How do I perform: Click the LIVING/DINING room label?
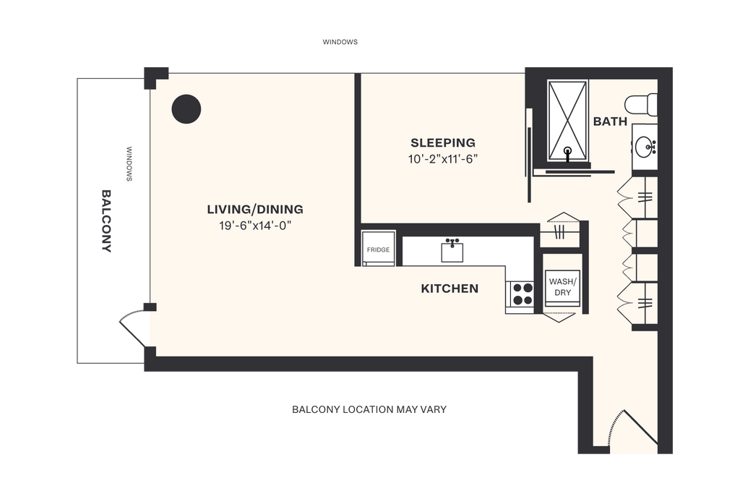(255, 210)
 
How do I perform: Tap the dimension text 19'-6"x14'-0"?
(255, 226)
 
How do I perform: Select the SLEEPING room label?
(443, 142)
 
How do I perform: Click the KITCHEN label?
(449, 289)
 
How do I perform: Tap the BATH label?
(610, 121)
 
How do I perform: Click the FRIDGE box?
(378, 249)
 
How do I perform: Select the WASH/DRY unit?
(562, 287)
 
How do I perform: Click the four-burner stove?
(522, 294)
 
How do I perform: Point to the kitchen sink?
(453, 251)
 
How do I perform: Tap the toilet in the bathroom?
(641, 105)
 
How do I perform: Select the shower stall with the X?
(568, 119)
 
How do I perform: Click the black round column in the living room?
(186, 109)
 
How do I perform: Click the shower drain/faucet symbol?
(569, 153)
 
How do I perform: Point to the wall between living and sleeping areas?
(357, 148)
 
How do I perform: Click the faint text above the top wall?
(340, 43)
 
